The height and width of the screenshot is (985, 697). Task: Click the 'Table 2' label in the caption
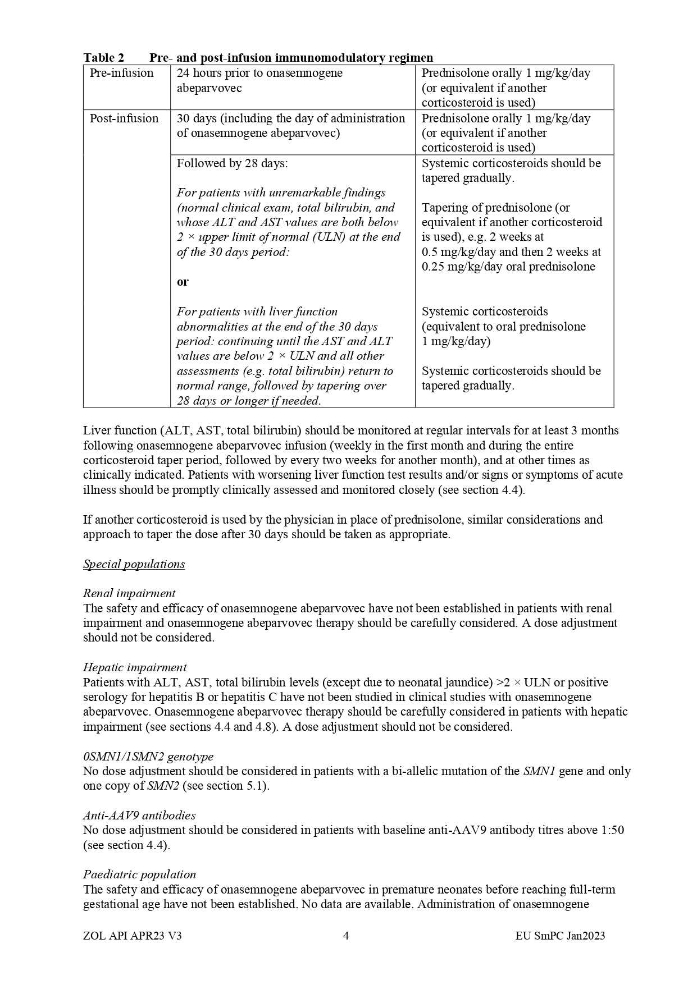click(103, 57)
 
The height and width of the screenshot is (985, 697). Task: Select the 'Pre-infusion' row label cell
click(121, 73)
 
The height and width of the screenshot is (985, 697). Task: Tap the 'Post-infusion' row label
click(124, 118)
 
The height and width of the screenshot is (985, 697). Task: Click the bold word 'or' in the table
click(183, 282)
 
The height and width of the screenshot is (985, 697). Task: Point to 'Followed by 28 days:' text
click(232, 163)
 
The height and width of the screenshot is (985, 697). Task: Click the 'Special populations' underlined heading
click(134, 564)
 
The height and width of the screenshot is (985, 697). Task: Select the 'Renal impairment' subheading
click(129, 593)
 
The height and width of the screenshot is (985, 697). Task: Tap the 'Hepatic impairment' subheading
click(135, 667)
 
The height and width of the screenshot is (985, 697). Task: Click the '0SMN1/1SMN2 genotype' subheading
click(148, 757)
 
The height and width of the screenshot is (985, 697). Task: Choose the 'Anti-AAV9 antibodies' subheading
click(139, 816)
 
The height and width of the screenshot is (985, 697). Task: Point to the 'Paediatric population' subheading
click(139, 874)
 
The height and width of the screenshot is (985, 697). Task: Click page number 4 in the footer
click(346, 936)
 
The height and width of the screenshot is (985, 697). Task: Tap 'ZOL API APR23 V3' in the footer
click(132, 936)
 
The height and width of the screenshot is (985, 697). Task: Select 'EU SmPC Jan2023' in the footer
click(560, 936)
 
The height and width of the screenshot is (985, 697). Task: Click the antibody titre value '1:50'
click(612, 830)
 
